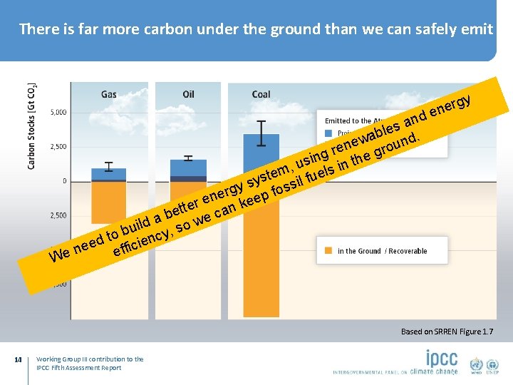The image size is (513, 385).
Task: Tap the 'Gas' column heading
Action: pyautogui.click(x=109, y=94)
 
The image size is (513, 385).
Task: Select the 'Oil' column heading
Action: pyautogui.click(x=188, y=94)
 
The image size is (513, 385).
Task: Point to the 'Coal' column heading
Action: pyautogui.click(x=261, y=94)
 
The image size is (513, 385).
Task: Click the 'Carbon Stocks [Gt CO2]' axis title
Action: pyautogui.click(x=31, y=126)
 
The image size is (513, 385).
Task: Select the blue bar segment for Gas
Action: pyautogui.click(x=109, y=174)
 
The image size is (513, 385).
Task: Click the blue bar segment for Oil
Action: pyautogui.click(x=188, y=168)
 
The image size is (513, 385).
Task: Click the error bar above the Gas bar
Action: pyautogui.click(x=109, y=167)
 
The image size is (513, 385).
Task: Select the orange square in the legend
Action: pyautogui.click(x=328, y=251)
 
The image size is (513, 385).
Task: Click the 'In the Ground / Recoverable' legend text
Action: pyautogui.click(x=382, y=251)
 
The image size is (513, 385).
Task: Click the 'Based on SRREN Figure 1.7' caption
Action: pyautogui.click(x=446, y=332)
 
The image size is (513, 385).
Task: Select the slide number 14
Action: pyautogui.click(x=18, y=359)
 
